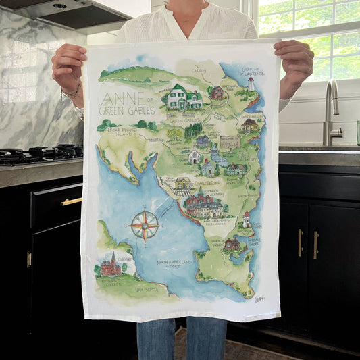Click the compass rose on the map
point(145,225)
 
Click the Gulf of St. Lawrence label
point(260,67)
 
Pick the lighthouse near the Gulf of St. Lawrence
point(250,84)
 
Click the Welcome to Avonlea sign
point(230,143)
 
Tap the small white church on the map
point(195,157)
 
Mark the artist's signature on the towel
point(259,298)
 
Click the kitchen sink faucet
point(331,108)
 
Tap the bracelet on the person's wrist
point(73,90)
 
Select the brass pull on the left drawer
point(71,201)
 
